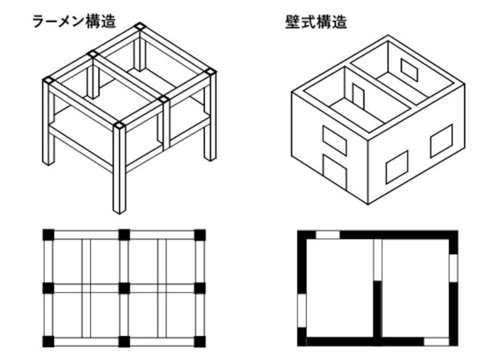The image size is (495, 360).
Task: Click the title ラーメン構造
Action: coord(75,21)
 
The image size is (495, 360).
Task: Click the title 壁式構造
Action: coord(316,22)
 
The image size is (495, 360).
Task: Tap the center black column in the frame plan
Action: coord(124,288)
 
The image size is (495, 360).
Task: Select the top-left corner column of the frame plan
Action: coord(48,235)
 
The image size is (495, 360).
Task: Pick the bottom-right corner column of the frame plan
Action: coord(200,342)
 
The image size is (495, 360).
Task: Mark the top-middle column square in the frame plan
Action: coord(124,235)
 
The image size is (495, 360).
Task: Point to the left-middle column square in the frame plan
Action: coord(48,288)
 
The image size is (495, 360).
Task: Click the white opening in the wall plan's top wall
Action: coord(327,235)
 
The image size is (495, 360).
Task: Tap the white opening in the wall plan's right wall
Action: coord(453,268)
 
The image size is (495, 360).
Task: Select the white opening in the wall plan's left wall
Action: coord(302,311)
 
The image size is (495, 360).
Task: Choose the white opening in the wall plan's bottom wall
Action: coord(436,342)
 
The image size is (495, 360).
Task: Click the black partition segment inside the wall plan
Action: coord(377,310)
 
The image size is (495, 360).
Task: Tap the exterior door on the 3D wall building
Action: coord(335,172)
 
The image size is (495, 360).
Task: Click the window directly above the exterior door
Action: coord(335,141)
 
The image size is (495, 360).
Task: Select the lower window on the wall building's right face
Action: coord(397,167)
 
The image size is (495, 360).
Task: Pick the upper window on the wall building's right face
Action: coord(442,141)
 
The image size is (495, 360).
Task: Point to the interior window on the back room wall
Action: coord(409,69)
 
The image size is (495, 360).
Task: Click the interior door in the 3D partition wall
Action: coord(358,95)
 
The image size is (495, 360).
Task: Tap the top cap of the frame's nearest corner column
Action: coord(119,125)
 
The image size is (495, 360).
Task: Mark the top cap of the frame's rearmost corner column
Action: coord(140,26)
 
